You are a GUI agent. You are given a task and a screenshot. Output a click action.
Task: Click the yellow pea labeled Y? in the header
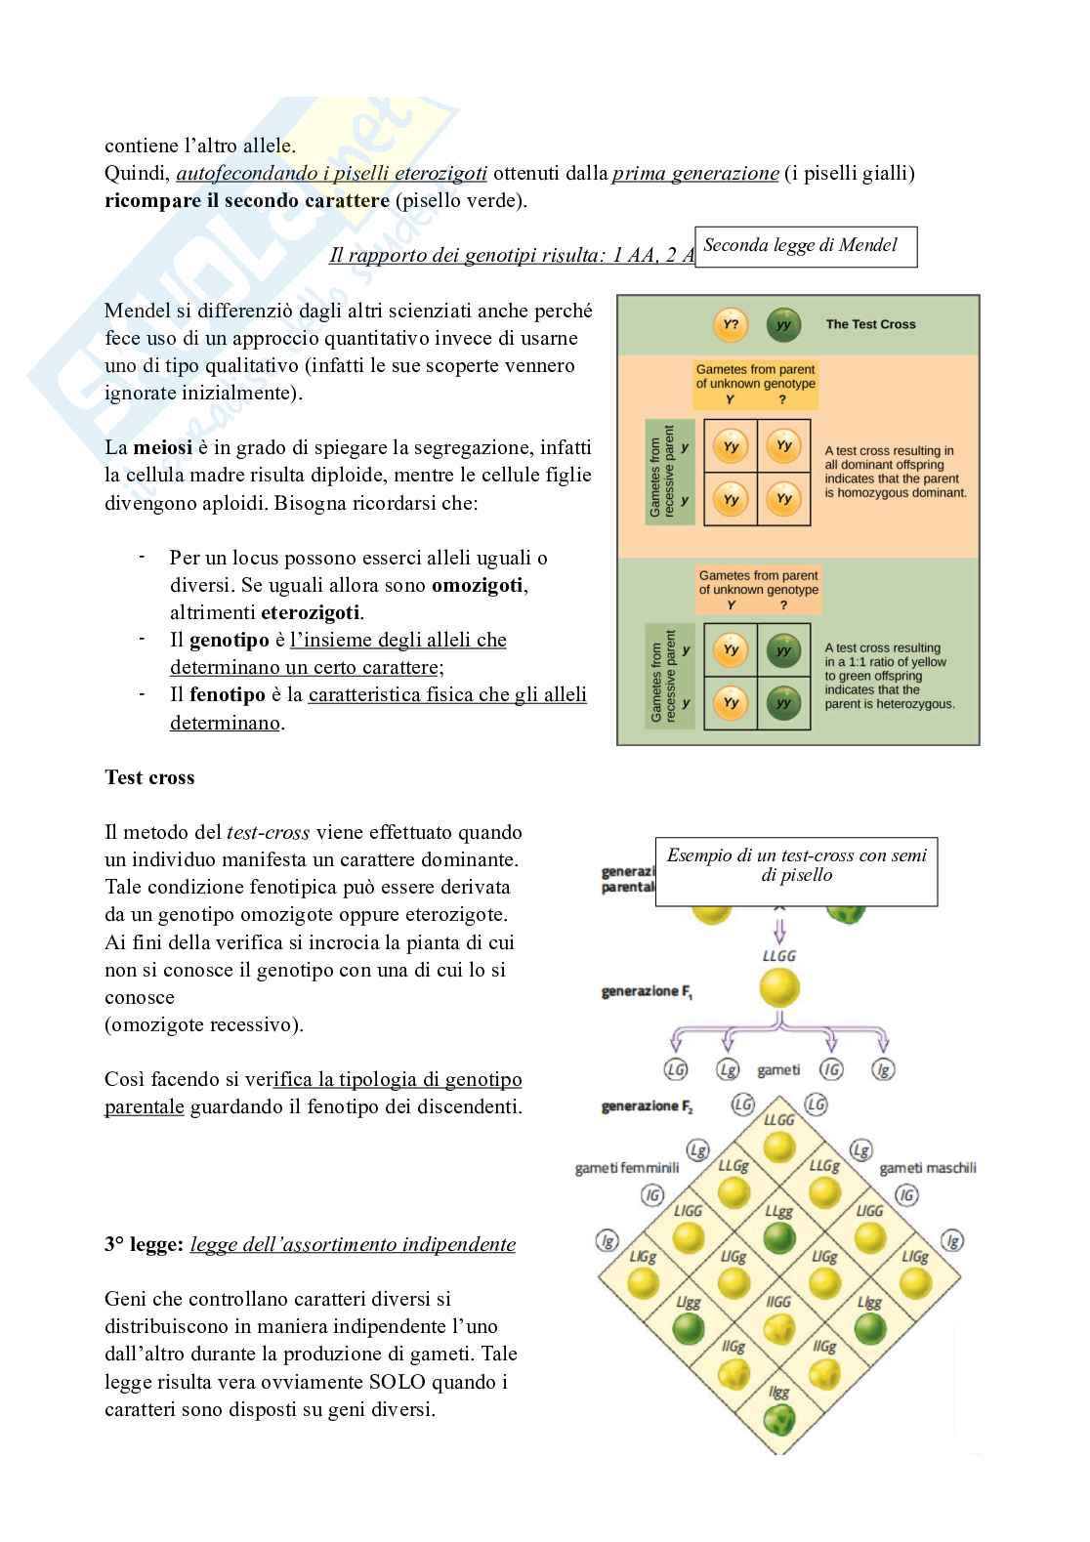click(730, 324)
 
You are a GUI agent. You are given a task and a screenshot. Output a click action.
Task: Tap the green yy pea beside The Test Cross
click(782, 324)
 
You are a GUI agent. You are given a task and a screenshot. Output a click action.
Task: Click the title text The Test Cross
click(870, 324)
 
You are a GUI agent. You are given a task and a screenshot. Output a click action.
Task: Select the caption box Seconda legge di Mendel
click(805, 246)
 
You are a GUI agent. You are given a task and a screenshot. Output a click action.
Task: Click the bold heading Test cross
click(149, 778)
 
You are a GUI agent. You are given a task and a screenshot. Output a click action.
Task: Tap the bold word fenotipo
click(228, 695)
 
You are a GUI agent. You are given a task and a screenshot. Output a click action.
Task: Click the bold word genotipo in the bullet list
click(229, 641)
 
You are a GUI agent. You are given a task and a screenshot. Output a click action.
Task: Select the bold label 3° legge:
click(144, 1245)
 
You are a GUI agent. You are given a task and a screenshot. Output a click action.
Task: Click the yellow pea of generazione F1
click(778, 987)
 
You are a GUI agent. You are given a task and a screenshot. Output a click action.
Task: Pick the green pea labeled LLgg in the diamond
click(778, 1237)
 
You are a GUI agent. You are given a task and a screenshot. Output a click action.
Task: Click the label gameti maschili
click(927, 1168)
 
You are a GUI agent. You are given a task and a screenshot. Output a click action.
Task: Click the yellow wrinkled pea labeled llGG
click(778, 1328)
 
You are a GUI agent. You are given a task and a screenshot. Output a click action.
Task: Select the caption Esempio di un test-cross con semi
click(796, 855)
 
